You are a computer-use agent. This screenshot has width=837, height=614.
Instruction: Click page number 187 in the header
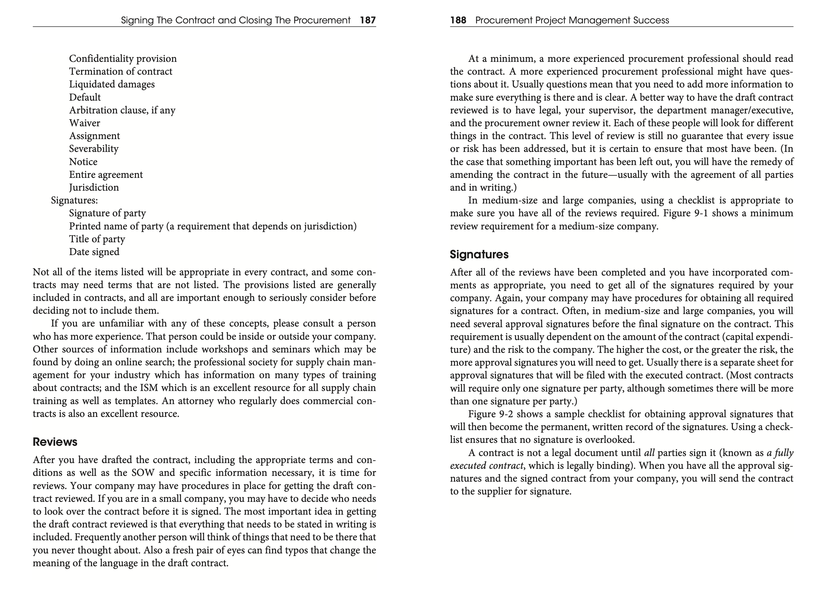point(368,20)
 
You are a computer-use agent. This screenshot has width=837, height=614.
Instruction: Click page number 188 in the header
point(458,20)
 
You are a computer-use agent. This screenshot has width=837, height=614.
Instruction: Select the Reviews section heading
point(55,442)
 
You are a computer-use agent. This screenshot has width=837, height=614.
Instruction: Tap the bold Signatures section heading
point(479,254)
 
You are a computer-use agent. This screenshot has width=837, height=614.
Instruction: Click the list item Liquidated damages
point(112,84)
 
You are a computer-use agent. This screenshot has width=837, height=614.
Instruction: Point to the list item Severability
point(94,149)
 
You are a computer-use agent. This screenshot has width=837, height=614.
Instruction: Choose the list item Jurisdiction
point(94,187)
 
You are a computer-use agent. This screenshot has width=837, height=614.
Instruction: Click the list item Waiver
point(84,123)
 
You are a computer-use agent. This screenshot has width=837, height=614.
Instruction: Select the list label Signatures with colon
point(74,200)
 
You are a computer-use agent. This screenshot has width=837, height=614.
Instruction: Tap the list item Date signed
point(94,252)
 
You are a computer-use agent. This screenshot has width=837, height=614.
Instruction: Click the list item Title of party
point(97,239)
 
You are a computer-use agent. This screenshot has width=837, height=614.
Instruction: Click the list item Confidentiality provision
point(123,59)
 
